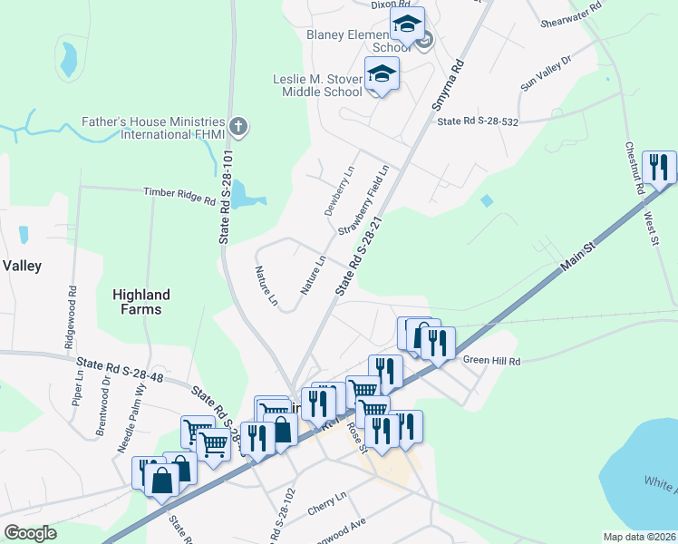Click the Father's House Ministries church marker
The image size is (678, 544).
pyautogui.click(x=238, y=126)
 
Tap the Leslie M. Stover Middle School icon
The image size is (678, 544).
pyautogui.click(x=382, y=73)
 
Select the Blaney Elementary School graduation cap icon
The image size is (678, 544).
pyautogui.click(x=408, y=23)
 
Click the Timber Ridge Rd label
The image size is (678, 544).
pyautogui.click(x=179, y=195)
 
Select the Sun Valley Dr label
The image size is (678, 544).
pyautogui.click(x=547, y=73)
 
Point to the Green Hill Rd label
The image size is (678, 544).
pyautogui.click(x=492, y=360)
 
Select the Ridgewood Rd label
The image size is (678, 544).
pyautogui.click(x=72, y=306)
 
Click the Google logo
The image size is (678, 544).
pyautogui.click(x=30, y=533)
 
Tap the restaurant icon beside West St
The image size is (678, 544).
pyautogui.click(x=659, y=166)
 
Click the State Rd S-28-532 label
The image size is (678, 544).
pyautogui.click(x=477, y=121)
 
